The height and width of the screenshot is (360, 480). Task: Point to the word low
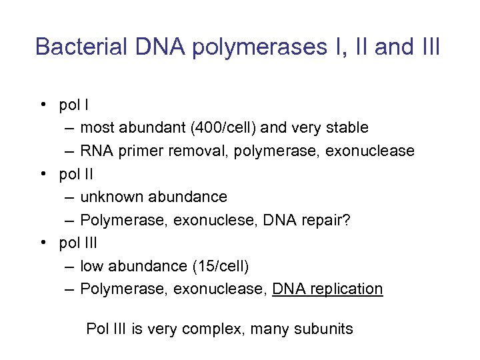tap(92, 267)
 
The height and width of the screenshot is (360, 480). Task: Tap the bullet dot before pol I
tap(42, 105)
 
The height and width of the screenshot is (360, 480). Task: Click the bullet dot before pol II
tap(42, 174)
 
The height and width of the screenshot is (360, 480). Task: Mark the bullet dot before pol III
tap(42, 243)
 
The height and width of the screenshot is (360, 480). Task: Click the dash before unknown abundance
tap(69, 197)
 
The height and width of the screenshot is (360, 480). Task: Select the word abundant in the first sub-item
tap(145, 127)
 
